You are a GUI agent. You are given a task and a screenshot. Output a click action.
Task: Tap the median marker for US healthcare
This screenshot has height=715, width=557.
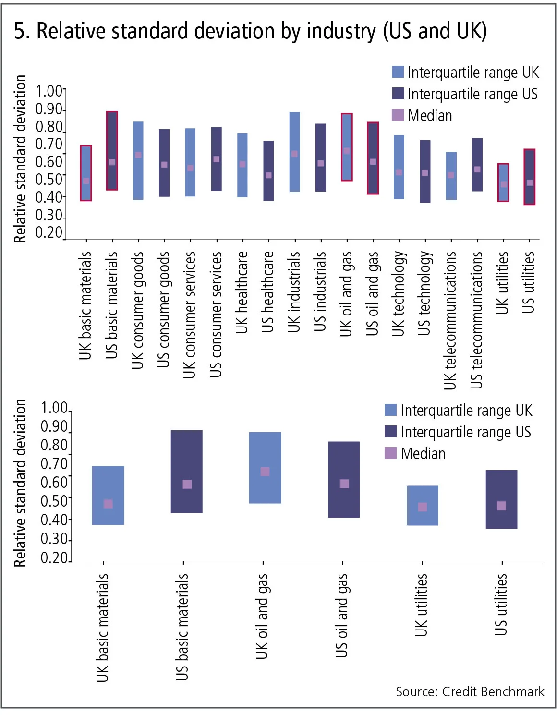(268, 175)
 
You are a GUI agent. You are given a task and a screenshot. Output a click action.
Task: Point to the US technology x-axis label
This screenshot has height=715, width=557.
(424, 294)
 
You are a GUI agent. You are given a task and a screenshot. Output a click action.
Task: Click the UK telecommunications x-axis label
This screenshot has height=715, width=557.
(450, 321)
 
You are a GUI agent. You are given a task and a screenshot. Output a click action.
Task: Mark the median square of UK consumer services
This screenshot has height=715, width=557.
(191, 168)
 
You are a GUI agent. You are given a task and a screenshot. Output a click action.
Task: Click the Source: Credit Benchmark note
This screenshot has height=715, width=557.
(470, 691)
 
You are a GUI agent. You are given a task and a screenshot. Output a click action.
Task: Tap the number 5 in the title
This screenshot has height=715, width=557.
(19, 31)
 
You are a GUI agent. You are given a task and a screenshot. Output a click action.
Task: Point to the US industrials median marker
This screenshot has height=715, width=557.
(321, 164)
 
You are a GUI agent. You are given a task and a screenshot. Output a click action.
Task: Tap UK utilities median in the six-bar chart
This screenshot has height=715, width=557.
(423, 507)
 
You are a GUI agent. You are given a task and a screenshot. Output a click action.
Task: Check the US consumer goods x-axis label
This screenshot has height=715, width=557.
(164, 310)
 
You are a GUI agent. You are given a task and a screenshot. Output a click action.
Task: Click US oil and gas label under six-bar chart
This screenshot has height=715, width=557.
(342, 616)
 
